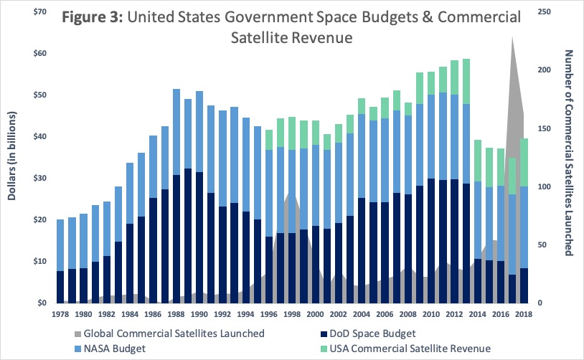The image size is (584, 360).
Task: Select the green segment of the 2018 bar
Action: (x=524, y=162)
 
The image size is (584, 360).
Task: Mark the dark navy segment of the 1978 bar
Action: (x=61, y=287)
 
